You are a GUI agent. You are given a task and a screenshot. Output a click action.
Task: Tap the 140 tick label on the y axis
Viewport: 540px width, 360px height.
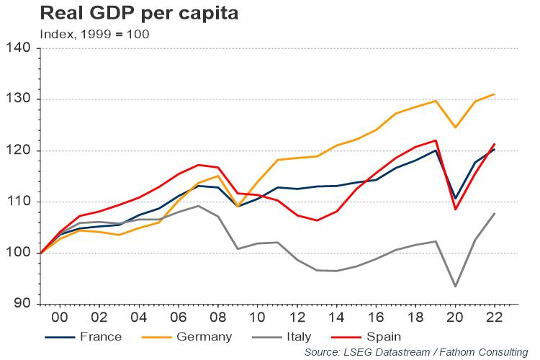pos(19,48)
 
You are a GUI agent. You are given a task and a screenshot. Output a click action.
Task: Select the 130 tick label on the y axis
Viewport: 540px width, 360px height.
pos(19,99)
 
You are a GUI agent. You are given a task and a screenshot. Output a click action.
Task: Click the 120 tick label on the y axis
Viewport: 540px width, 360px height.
pos(19,150)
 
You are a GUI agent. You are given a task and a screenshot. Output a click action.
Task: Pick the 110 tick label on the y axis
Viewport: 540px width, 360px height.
pos(19,202)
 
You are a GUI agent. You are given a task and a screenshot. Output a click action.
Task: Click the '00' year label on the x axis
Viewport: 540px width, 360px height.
pos(60,317)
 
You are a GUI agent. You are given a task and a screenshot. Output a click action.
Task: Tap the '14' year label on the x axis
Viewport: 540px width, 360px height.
pos(336,317)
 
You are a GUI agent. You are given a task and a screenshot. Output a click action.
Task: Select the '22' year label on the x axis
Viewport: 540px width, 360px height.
pos(494,317)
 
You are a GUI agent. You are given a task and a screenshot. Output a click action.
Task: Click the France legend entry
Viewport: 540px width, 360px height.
pos(83,336)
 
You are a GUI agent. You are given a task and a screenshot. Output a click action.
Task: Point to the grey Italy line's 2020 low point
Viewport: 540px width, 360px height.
pos(455,287)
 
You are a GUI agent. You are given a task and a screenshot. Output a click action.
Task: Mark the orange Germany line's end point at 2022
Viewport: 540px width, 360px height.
pos(494,94)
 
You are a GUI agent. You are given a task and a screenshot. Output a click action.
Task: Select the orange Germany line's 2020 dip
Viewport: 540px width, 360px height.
pos(455,127)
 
